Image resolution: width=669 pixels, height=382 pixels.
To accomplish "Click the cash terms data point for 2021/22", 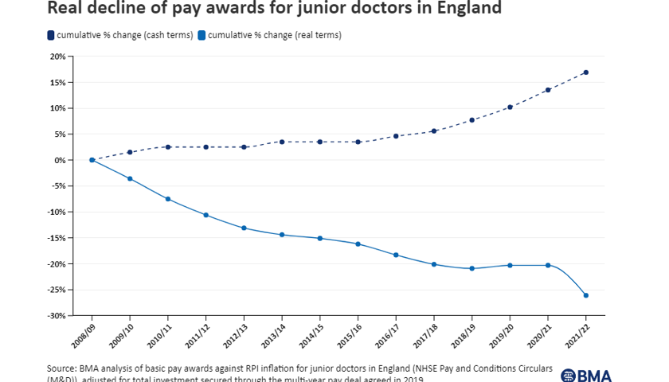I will (x=586, y=72).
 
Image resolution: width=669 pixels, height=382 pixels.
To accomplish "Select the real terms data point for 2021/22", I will (x=586, y=295).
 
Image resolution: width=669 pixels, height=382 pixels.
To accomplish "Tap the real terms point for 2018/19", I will (x=472, y=268).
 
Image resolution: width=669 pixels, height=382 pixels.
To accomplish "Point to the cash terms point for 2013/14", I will (x=282, y=142).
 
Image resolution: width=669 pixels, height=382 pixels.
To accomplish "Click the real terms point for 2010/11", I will (x=168, y=198).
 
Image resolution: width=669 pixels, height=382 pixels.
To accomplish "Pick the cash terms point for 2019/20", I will (x=510, y=107).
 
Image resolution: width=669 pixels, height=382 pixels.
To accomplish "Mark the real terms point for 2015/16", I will (x=358, y=244).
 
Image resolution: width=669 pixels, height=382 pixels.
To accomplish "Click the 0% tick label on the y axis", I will (x=59, y=160).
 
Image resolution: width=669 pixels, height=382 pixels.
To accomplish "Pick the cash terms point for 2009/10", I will (x=130, y=152).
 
